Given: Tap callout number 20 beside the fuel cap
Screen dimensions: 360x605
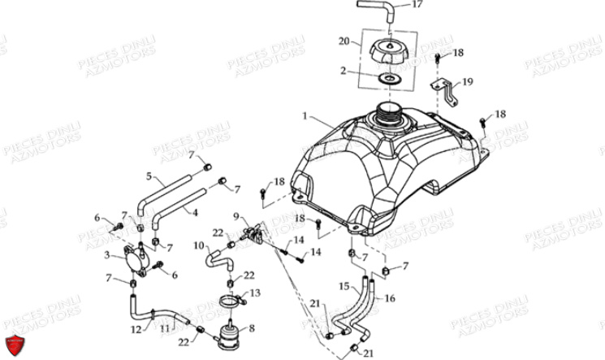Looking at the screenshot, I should (344, 41).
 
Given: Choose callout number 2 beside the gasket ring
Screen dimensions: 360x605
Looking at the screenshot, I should (344, 71).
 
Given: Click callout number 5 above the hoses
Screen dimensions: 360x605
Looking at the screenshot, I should (149, 176).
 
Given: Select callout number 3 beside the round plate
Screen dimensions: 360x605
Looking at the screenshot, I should (106, 256).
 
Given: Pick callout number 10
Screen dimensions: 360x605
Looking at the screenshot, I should (199, 245).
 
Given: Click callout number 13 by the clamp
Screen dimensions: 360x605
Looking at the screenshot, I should (254, 293).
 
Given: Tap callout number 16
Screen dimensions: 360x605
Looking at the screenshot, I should (390, 299).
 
